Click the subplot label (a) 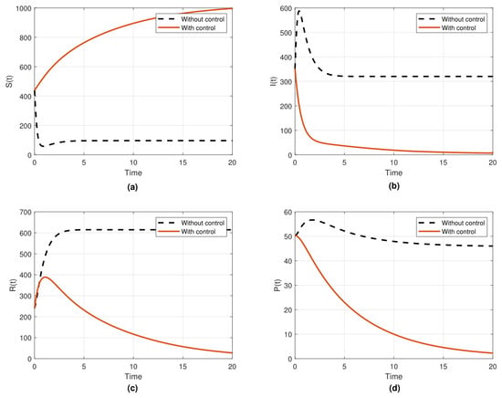tap(132, 186)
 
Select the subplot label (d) tap(393, 388)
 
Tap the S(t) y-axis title tap(10, 81)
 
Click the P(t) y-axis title tap(277, 285)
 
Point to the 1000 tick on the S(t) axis tap(24, 8)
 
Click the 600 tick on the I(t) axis tap(286, 8)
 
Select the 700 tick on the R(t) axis tap(26, 212)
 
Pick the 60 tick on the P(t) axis tap(288, 212)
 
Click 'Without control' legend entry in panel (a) tap(203, 19)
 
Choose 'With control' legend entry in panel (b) tap(458, 28)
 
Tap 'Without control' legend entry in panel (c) tap(203, 223)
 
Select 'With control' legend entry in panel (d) tap(458, 232)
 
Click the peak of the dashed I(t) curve tap(299, 11)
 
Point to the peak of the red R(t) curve tap(45, 277)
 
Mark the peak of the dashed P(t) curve tap(312, 220)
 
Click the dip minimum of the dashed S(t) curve tap(43, 146)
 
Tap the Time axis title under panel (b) tap(393, 173)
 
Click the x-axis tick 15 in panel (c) tap(183, 366)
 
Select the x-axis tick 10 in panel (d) tap(393, 366)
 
